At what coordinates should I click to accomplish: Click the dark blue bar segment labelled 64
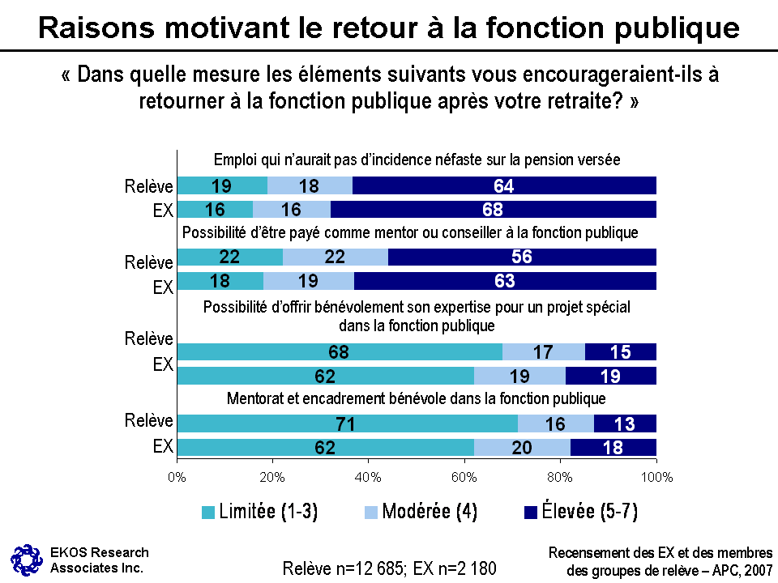point(504,185)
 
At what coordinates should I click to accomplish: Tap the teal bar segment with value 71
point(347,423)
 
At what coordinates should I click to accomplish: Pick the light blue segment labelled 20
point(522,448)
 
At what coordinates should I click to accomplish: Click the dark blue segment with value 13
point(625,423)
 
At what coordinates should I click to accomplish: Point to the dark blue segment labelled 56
point(522,257)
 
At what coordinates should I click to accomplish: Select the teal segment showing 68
point(340,351)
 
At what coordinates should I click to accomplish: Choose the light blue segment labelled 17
point(543,351)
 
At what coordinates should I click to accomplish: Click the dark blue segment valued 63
point(505,281)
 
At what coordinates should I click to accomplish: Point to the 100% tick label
point(656,477)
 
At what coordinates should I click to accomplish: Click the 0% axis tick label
point(177,477)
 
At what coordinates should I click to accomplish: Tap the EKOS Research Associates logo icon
point(25,560)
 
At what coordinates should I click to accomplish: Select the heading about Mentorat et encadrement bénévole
point(417,398)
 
